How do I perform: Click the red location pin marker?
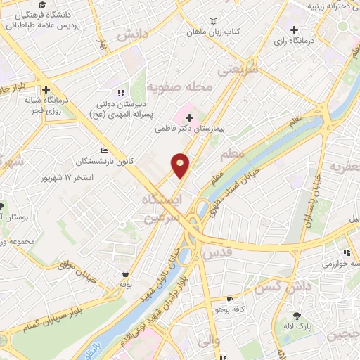(181, 165)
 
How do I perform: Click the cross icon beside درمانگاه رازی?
(294, 30)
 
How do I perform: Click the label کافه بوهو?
(234, 310)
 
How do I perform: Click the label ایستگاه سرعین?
(167, 210)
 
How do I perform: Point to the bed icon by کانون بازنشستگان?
(105, 150)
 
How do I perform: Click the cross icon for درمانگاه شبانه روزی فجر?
(46, 90)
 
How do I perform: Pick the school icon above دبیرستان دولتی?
(122, 92)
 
